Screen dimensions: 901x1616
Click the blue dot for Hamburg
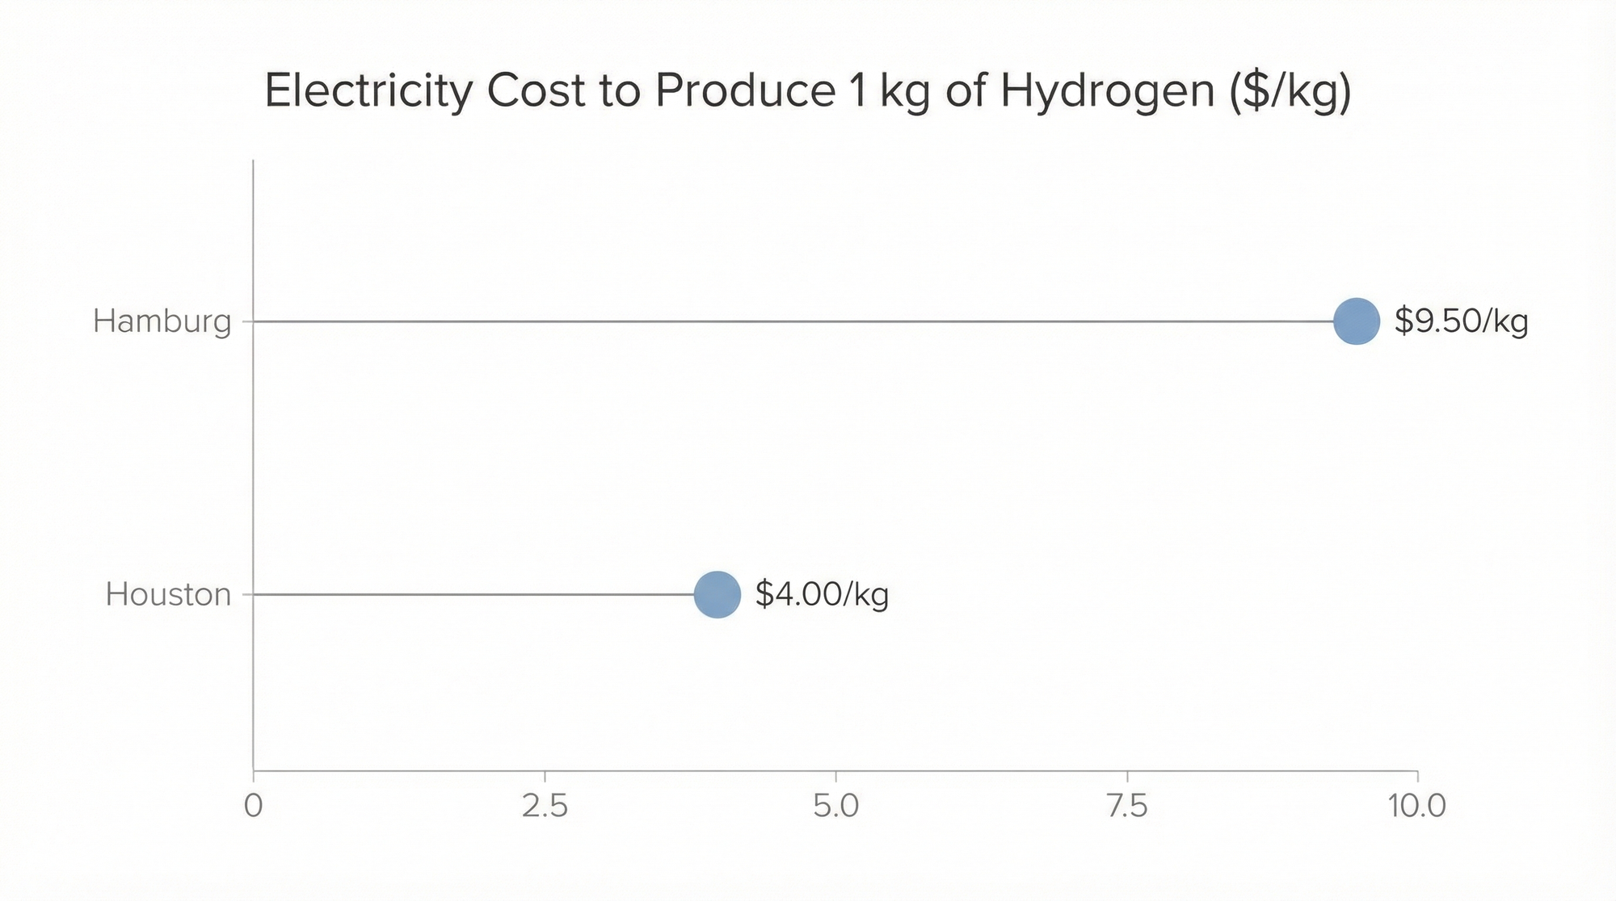point(1356,321)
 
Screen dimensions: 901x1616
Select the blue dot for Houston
point(717,594)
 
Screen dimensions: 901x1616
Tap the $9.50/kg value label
point(1461,321)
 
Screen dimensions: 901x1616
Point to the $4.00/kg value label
point(822,594)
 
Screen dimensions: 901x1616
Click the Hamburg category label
point(162,321)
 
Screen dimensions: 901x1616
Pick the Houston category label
point(168,594)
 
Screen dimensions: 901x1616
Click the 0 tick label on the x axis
point(254,806)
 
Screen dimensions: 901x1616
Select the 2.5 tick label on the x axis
point(545,806)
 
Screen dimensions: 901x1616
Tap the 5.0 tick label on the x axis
point(835,806)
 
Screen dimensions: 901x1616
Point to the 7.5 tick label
point(1126,806)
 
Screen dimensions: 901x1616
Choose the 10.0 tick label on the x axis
point(1416,806)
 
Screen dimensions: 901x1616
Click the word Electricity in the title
point(368,90)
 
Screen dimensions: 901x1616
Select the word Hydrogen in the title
point(1107,90)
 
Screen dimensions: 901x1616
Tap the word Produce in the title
point(745,90)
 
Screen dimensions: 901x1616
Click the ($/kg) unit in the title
point(1290,92)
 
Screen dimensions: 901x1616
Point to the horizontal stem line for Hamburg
point(792,321)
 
